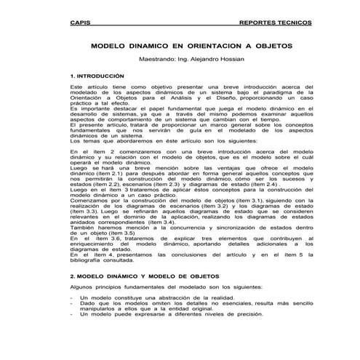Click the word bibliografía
87,260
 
